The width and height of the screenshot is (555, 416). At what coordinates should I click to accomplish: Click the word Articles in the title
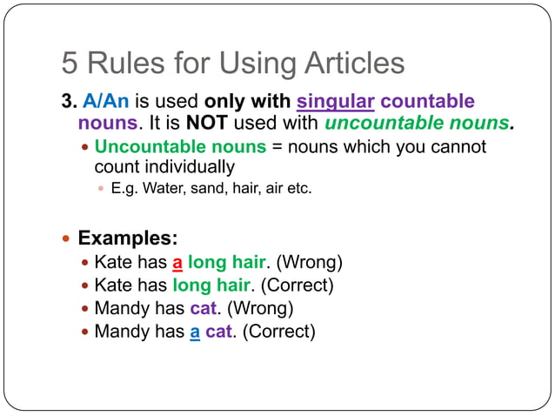click(354, 63)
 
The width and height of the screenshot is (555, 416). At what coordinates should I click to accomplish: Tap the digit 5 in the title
click(70, 63)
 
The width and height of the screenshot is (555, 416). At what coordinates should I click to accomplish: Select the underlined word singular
click(336, 102)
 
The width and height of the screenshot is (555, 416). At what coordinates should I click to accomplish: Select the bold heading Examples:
click(128, 238)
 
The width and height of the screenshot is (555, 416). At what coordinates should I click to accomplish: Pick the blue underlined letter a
click(195, 332)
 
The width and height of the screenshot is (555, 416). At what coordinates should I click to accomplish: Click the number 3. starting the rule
click(69, 102)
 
